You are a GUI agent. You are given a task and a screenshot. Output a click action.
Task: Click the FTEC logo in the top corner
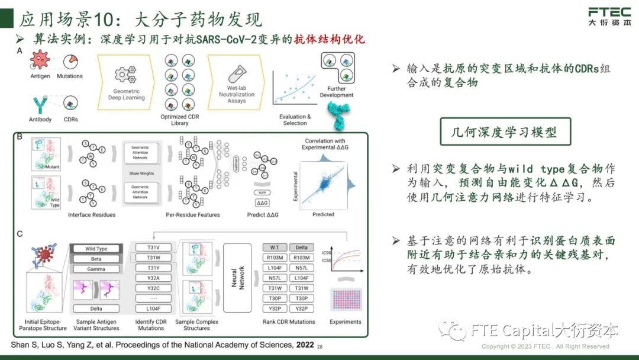(x=609, y=17)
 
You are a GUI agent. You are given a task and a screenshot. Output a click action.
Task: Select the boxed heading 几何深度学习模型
(x=505, y=131)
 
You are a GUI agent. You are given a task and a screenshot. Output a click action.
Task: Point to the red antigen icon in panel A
(x=40, y=60)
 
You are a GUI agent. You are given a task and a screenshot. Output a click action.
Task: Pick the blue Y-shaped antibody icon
(x=40, y=104)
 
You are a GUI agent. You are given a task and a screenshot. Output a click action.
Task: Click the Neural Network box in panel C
(x=235, y=277)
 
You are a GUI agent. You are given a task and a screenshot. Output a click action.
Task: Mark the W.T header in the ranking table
(x=273, y=247)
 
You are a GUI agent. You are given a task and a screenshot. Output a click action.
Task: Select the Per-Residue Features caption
(x=193, y=214)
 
